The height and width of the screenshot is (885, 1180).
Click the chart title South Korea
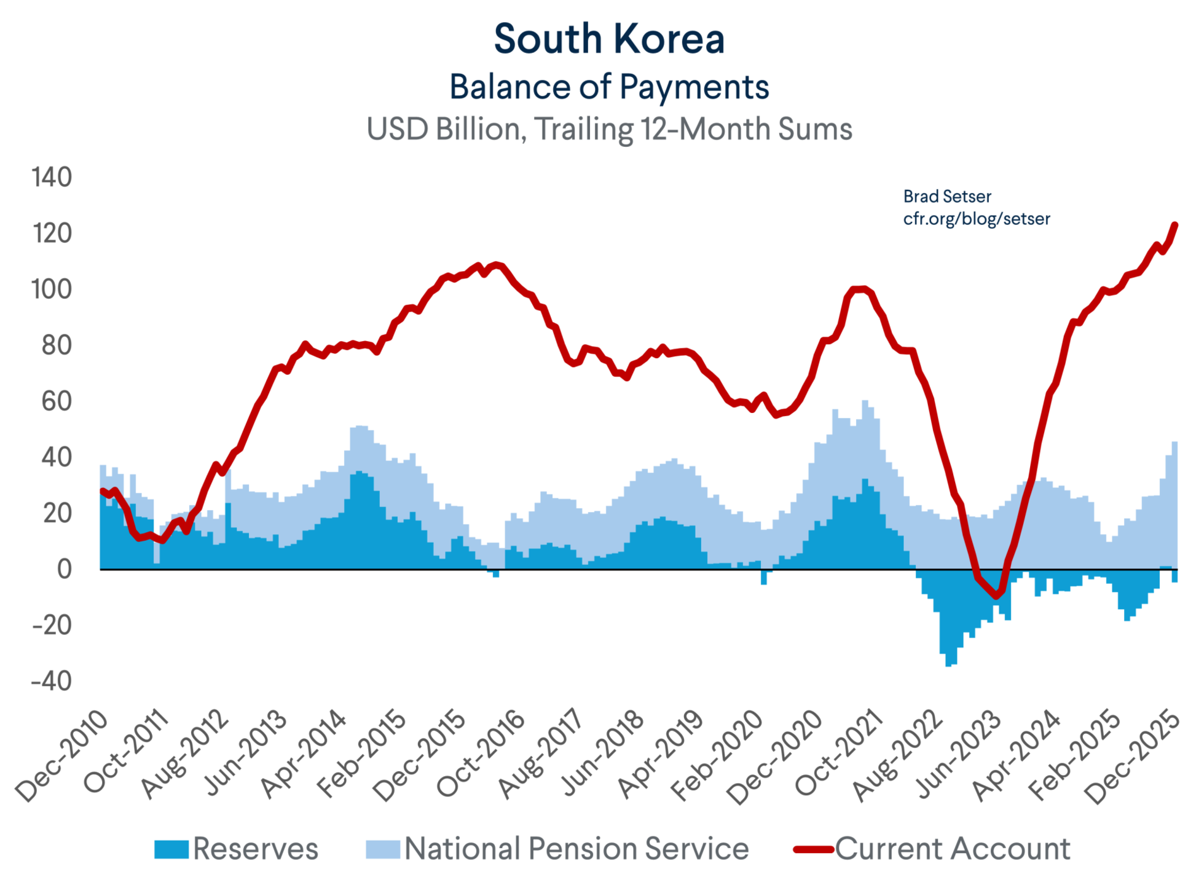coord(609,39)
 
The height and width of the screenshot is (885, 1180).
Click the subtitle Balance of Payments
coord(609,87)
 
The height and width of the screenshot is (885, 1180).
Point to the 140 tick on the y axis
coord(52,177)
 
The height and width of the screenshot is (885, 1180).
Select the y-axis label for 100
coord(52,289)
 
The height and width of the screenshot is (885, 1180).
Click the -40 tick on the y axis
coord(52,681)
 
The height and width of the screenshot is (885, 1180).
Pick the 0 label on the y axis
coord(64,569)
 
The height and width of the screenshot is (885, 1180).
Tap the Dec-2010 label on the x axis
coord(61,757)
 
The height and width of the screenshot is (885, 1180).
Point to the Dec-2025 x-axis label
coord(1132,757)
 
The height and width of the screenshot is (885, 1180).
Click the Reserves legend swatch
coord(171,849)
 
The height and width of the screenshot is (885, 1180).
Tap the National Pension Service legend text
coord(576,849)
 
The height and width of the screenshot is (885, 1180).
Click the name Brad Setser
coord(947,197)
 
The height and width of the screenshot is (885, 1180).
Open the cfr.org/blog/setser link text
coord(977,219)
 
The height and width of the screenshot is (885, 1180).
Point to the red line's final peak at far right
coord(1175,225)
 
